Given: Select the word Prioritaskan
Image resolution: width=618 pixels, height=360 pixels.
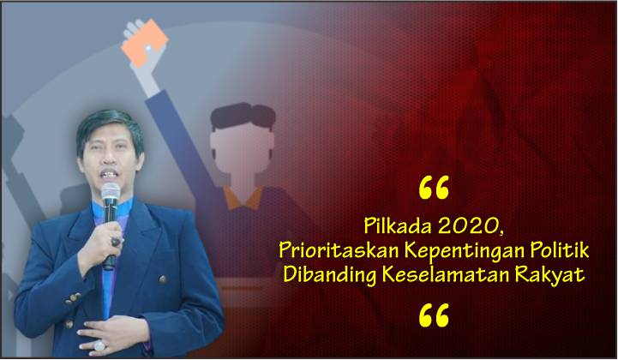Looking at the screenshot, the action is coord(338,250).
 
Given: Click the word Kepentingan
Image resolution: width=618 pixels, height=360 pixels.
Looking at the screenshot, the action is coord(462,252).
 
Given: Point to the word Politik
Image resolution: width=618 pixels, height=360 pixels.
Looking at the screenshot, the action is coord(559,250).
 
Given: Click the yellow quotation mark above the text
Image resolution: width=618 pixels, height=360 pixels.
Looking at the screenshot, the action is coord(434,188).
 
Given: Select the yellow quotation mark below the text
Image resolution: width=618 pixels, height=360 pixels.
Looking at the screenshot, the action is coord(434,315).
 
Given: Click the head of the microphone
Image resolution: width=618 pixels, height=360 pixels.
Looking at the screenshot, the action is coord(111,192).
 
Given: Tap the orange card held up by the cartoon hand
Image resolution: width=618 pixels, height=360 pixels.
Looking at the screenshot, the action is coord(145,47).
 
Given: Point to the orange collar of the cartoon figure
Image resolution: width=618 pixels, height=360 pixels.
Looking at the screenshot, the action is coord(243,199).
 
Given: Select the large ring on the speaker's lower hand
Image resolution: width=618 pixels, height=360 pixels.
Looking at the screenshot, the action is coord(99,345).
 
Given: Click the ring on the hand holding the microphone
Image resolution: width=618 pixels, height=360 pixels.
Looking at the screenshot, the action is coord(116,242).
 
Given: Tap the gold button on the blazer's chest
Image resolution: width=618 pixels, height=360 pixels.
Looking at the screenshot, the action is coord(162,279).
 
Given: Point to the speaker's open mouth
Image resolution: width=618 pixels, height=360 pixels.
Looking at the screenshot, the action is coord(110,174).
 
